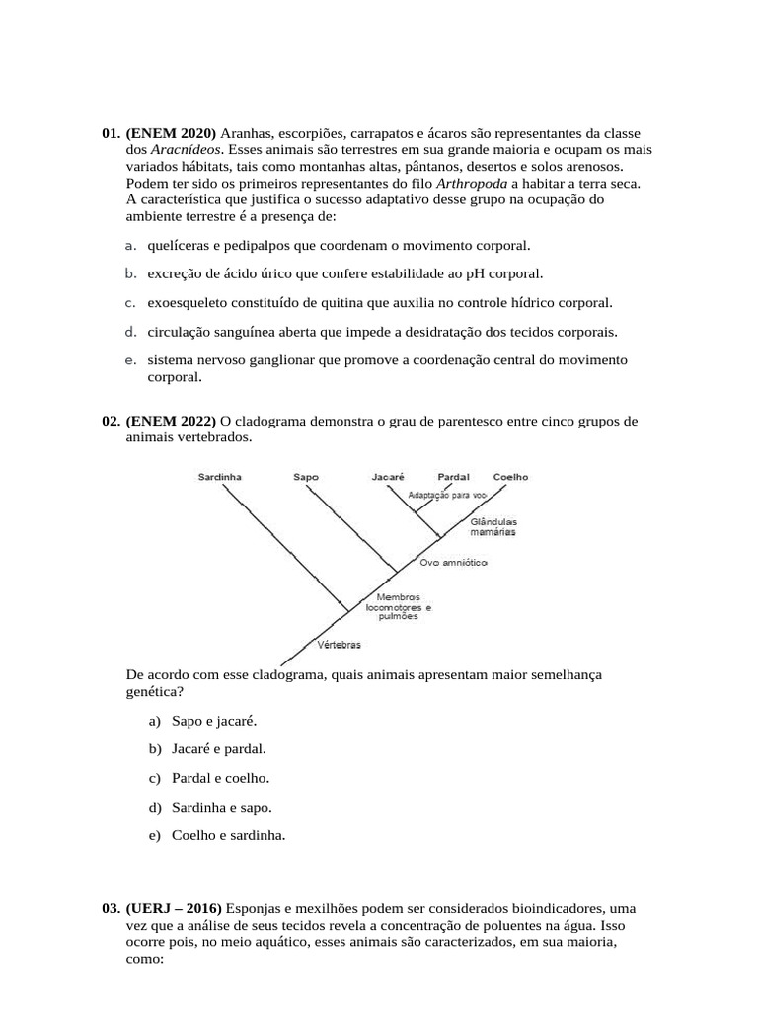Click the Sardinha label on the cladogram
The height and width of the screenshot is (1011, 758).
coord(219,476)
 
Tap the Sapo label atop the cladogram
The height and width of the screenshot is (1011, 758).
coord(306,476)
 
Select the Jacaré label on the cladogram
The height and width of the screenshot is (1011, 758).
coord(388,476)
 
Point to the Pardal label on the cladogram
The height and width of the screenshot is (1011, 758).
coord(453,476)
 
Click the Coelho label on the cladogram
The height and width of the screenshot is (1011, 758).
coord(510,476)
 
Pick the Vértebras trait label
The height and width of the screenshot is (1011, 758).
coord(340,645)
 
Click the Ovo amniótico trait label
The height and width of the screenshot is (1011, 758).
coord(453,562)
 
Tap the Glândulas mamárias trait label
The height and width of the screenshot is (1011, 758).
coord(493,526)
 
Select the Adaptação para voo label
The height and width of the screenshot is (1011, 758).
coord(447,495)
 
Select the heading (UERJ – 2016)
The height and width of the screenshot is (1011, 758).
coord(175,907)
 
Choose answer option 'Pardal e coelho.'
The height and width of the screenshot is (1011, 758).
coord(220,778)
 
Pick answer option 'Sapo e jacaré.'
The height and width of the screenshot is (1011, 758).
coord(214,721)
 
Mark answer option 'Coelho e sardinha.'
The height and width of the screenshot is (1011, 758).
coord(228,835)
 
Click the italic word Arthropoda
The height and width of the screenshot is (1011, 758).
coord(473,184)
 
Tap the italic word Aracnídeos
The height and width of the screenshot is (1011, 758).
coord(186,150)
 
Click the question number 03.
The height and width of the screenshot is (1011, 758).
coord(111,907)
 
